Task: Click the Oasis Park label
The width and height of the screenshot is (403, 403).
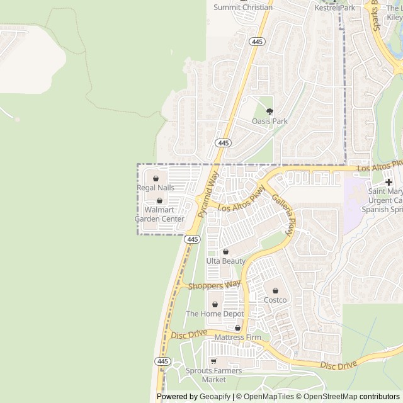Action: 270,121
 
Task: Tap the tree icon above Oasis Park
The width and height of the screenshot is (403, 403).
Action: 270,111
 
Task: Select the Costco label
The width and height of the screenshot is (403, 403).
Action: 275,300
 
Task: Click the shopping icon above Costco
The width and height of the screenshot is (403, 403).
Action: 275,290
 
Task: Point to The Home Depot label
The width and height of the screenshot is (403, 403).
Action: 214,314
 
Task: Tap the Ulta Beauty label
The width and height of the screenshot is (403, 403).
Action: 225,261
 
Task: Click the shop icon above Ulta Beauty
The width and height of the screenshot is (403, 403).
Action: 225,252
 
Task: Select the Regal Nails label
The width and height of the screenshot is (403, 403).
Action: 156,188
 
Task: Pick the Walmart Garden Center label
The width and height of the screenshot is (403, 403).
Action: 161,214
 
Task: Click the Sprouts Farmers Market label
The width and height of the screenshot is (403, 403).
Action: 213,375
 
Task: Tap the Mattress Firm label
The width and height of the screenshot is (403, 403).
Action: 237,338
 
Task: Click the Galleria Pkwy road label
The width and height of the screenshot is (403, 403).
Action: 283,214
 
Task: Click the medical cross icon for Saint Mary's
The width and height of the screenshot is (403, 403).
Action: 389,181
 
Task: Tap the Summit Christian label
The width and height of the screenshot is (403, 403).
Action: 243,8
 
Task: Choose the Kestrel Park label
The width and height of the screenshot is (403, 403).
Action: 335,8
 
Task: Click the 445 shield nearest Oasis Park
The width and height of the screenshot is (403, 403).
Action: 222,143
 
